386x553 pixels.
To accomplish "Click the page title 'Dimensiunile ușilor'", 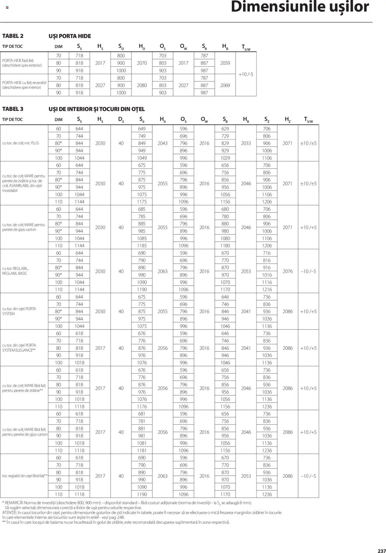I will (x=300, y=7).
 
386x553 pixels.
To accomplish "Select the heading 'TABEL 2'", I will (x=13, y=36).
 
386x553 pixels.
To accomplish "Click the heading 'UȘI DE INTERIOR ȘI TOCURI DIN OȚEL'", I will (x=96, y=109).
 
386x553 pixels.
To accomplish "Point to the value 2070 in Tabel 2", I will (x=142, y=63).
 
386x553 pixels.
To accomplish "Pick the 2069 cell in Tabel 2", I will (x=225, y=85).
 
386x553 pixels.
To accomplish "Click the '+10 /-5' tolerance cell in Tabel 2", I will (x=246, y=74).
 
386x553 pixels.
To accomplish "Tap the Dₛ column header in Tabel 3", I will (x=121, y=119).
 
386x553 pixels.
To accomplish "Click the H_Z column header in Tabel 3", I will (x=288, y=119).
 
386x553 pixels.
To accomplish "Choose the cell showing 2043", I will (x=163, y=143).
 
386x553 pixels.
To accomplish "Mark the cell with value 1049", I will (x=142, y=158).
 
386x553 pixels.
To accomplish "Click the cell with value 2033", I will (x=246, y=143).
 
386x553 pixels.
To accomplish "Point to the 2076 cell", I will (x=288, y=271).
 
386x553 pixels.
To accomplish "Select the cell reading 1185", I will (x=142, y=246).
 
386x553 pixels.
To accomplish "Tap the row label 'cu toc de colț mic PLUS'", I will (x=21, y=143).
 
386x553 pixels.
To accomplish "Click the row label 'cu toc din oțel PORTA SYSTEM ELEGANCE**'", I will (x=19, y=348).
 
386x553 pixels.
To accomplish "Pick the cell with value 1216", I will (x=267, y=289).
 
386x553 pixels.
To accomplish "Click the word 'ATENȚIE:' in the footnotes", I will (x=10, y=513).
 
